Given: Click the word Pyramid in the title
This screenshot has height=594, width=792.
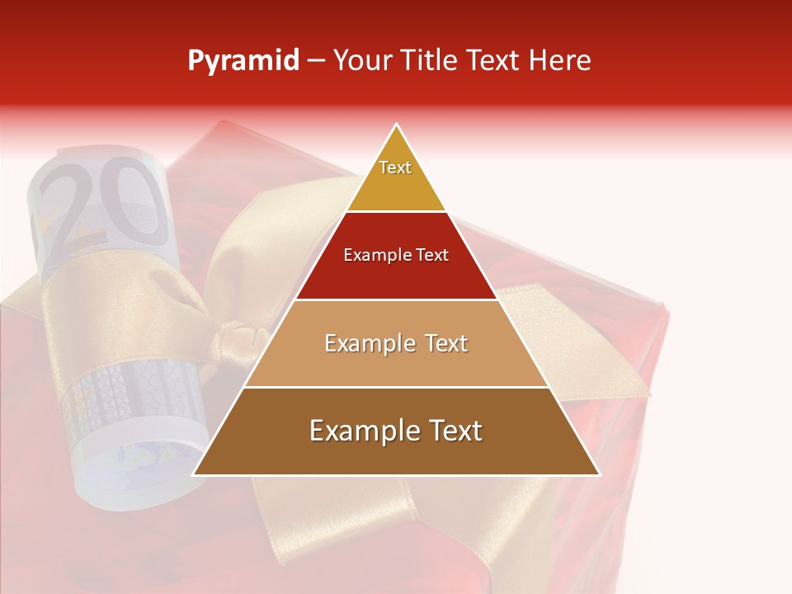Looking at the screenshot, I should (243, 62).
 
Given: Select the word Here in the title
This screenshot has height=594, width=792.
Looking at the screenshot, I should (561, 61).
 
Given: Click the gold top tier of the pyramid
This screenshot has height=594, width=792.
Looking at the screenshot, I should (396, 177).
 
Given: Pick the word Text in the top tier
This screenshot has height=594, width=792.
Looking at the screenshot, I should (395, 167).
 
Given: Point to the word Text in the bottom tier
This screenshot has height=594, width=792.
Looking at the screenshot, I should (455, 431).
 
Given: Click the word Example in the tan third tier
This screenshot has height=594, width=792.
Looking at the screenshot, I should (368, 343).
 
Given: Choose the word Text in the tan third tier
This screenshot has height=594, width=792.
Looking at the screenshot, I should (445, 343).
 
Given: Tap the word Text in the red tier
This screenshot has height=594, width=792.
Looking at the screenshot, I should (432, 256).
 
